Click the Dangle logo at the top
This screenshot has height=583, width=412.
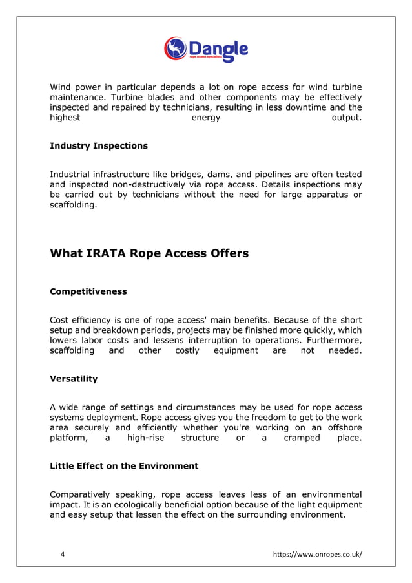[x=205, y=49]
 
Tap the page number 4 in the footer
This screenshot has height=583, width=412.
[x=62, y=553]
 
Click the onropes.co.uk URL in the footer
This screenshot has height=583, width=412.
[x=318, y=553]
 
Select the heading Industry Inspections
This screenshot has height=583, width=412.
[x=98, y=146]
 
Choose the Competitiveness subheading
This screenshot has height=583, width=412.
[x=88, y=291]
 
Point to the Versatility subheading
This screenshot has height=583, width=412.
[x=74, y=379]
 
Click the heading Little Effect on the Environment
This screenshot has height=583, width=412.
[x=123, y=466]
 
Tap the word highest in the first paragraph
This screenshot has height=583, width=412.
[x=65, y=118]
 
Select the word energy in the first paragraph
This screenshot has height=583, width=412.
[x=206, y=118]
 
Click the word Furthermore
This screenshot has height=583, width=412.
[x=331, y=341]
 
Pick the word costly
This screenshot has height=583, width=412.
[x=187, y=350]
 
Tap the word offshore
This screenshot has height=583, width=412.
[x=342, y=428]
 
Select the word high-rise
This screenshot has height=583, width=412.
[x=145, y=438]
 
